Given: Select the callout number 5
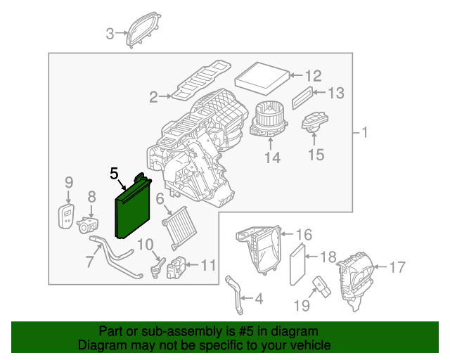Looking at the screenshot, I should [115, 172].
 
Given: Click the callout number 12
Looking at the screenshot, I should [313, 75].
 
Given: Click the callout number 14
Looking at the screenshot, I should [271, 159].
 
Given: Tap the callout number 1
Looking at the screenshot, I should [364, 132].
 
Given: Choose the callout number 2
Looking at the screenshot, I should [153, 97].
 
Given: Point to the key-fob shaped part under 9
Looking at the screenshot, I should [67, 216].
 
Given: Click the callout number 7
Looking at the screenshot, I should [89, 262].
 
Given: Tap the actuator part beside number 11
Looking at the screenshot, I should [175, 267].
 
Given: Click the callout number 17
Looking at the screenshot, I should [397, 266].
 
